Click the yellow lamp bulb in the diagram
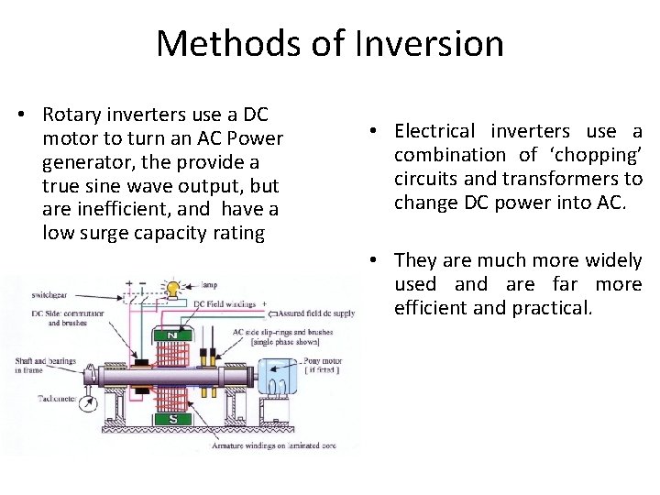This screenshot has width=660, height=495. pyautogui.click(x=171, y=288)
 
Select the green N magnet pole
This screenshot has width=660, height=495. pyautogui.click(x=171, y=335)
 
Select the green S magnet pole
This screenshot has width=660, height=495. pyautogui.click(x=171, y=419)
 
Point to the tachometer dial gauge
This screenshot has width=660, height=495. pyautogui.click(x=88, y=400)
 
